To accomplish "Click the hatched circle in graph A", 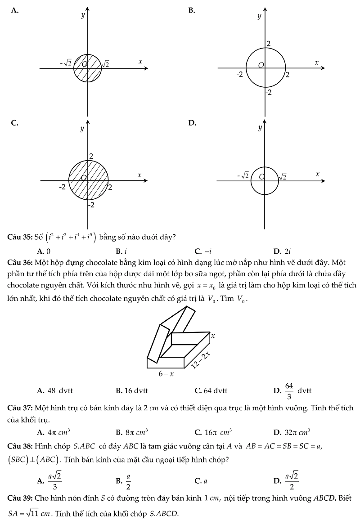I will point(87,68).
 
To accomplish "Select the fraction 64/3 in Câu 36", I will point(289,390).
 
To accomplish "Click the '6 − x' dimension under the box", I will point(166,373).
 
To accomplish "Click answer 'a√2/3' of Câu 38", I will point(55,481).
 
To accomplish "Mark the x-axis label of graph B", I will point(316,63).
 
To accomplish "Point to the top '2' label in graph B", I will point(269,44).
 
